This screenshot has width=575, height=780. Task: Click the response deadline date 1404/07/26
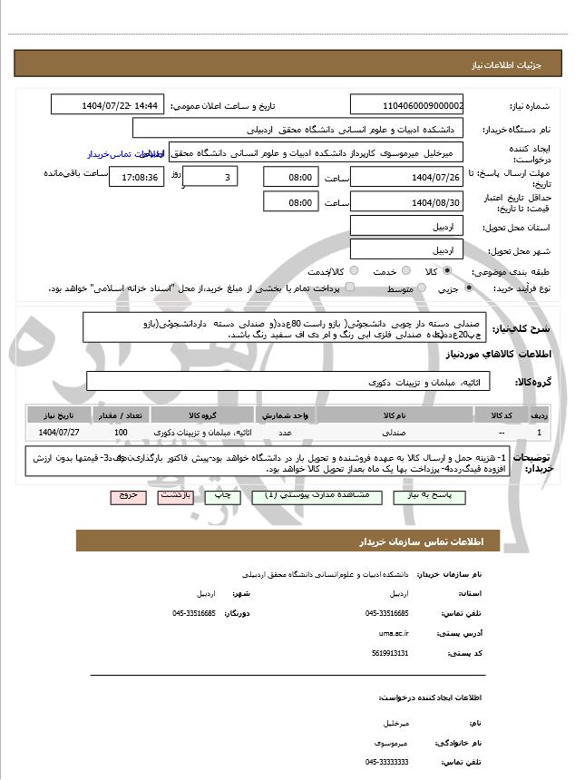406,177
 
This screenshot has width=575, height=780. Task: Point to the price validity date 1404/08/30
406,201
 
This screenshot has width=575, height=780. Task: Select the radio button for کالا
447,271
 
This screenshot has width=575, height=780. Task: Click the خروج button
126,497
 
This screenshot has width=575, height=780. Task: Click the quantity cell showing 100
121,433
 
